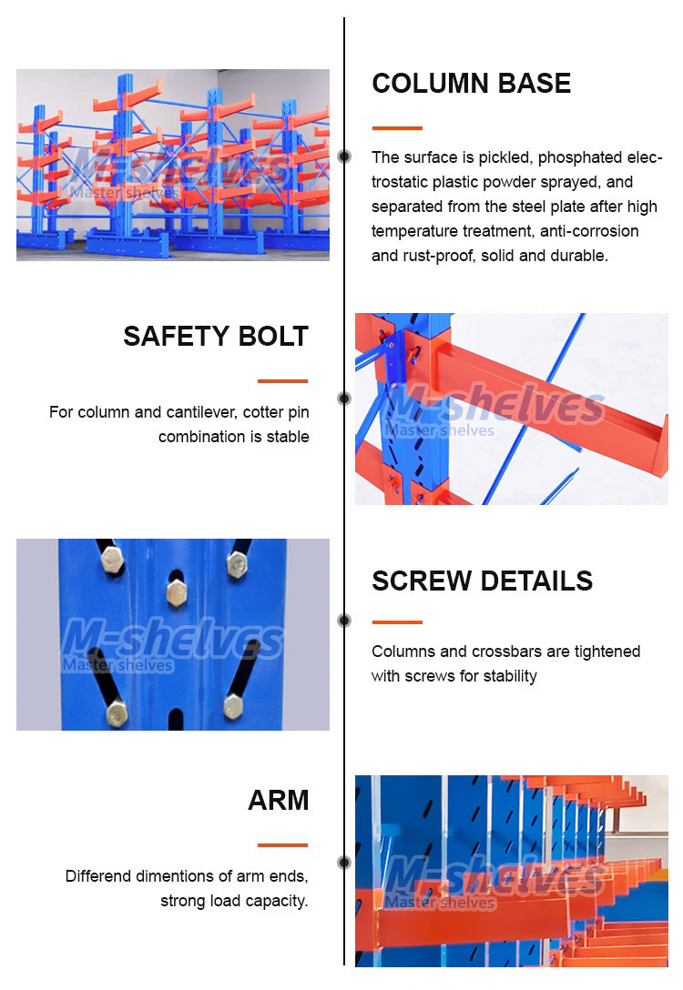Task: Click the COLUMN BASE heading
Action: tap(472, 84)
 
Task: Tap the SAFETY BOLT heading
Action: tap(216, 336)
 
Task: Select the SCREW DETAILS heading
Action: tap(482, 581)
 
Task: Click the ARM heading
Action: tap(279, 800)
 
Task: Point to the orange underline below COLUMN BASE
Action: tap(397, 128)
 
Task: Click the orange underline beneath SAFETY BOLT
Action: tap(282, 380)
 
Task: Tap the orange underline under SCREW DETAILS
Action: tap(397, 621)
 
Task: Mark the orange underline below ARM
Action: tap(282, 844)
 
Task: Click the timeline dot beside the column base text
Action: tap(344, 156)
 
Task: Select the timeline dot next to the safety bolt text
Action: tap(344, 398)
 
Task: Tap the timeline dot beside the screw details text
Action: tap(344, 621)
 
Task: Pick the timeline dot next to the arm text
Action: tap(344, 863)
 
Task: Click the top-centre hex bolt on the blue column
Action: tap(177, 593)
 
